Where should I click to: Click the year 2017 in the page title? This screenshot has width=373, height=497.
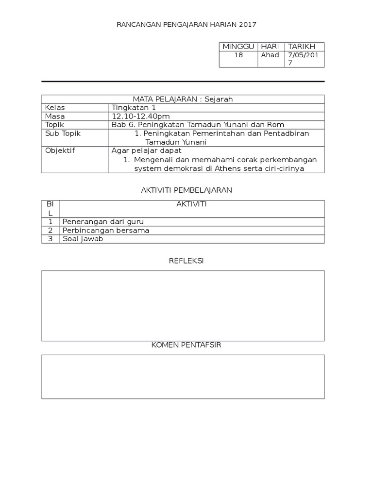tap(247, 24)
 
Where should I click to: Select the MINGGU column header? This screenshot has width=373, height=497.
tap(238, 47)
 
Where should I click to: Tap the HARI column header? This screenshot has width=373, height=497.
tap(270, 47)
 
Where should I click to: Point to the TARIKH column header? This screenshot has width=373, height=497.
tap(302, 47)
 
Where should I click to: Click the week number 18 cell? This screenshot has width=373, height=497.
tap(238, 55)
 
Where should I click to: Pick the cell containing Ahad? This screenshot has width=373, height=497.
tap(270, 55)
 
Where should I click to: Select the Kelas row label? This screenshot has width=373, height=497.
tap(55, 108)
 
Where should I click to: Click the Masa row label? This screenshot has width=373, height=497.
tap(55, 116)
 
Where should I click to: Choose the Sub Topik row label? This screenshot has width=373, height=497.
tap(63, 133)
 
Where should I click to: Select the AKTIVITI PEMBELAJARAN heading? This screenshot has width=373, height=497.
tap(186, 190)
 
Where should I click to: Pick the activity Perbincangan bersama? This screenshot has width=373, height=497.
tap(106, 230)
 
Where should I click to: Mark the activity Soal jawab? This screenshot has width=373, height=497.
tap(83, 239)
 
